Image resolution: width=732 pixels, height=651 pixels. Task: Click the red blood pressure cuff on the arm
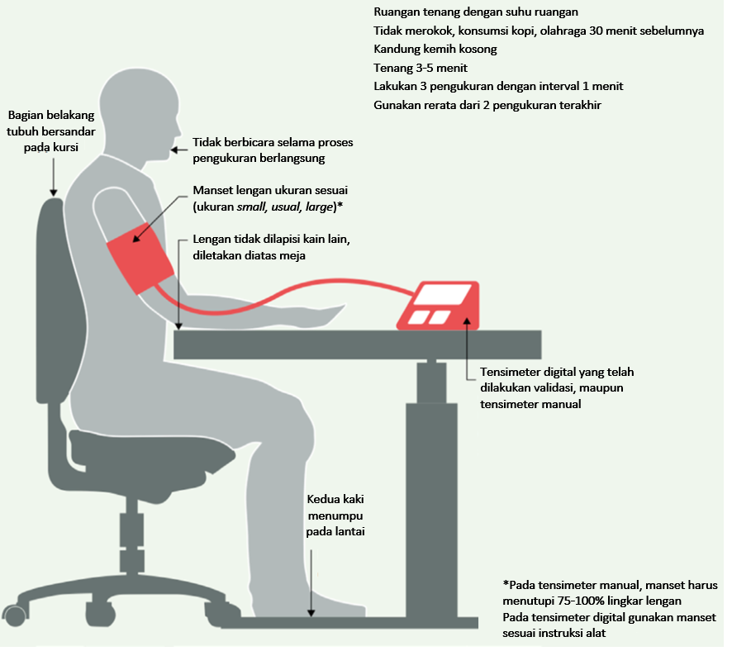coord(140,259)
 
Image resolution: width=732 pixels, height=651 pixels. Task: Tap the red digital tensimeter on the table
coord(439,306)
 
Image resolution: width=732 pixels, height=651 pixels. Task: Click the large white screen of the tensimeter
coord(443,294)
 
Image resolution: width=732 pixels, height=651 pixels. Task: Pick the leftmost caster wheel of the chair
coord(15,615)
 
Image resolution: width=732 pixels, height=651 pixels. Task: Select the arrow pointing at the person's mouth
coord(179,150)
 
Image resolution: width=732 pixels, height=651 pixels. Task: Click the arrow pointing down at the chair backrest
coord(53,177)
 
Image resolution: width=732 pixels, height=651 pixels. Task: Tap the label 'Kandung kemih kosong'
coord(435,49)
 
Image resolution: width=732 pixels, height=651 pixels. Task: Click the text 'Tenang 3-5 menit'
coord(421,68)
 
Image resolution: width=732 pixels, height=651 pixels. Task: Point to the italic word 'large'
coord(319,207)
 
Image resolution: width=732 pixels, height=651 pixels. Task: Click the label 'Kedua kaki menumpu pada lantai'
coord(335,516)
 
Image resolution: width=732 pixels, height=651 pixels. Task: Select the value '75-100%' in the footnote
coord(579,601)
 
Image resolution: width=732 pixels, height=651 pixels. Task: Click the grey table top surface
coord(358,345)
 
